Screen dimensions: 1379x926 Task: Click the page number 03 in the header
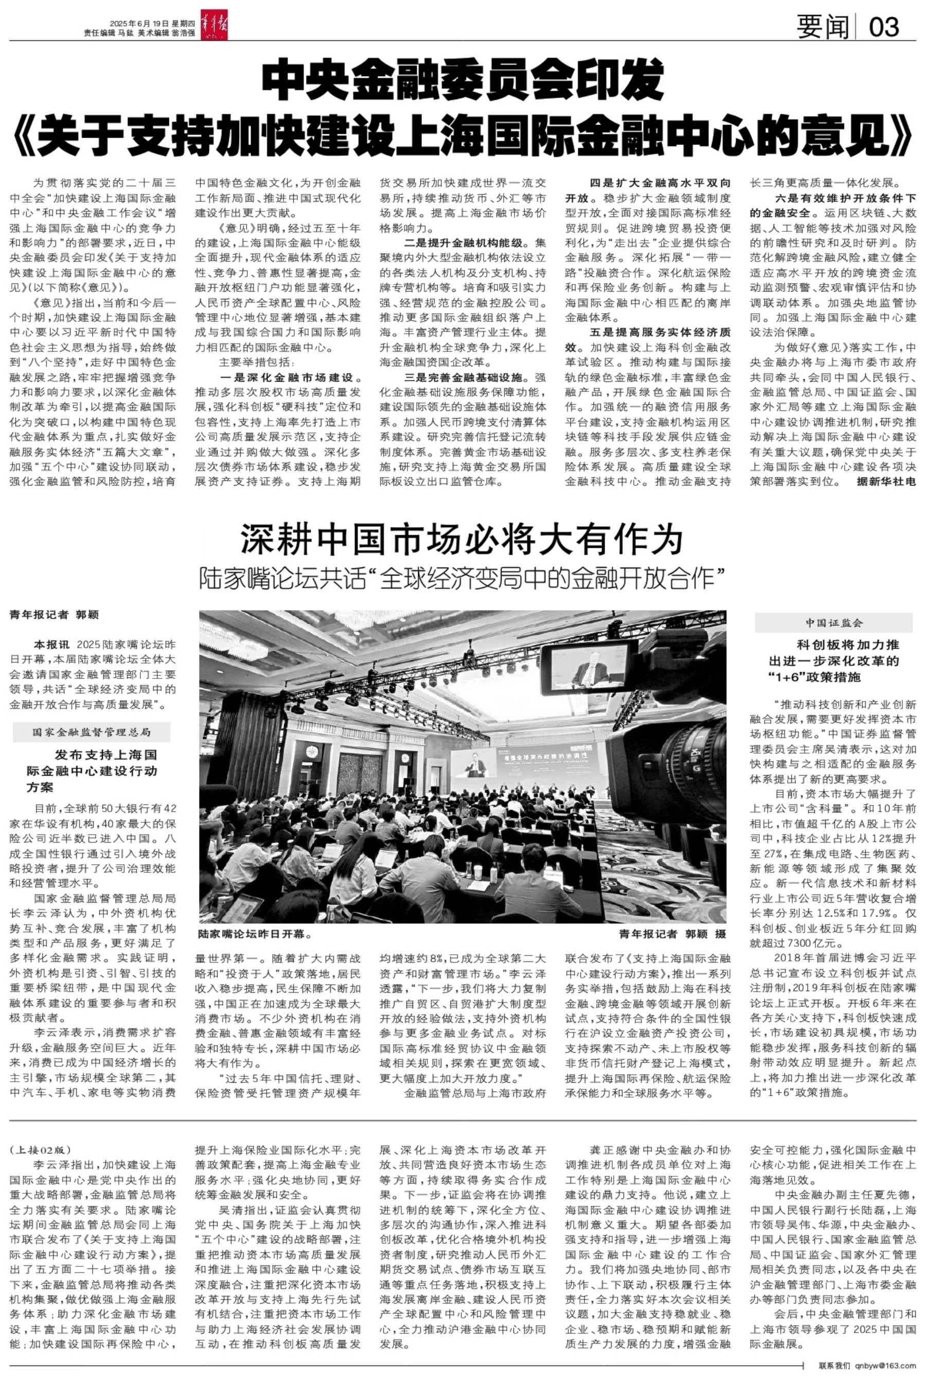click(x=884, y=27)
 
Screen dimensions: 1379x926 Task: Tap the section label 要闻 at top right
click(x=822, y=27)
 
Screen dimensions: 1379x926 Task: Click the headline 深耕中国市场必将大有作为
click(x=462, y=539)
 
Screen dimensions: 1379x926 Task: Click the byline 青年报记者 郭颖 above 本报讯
click(x=55, y=615)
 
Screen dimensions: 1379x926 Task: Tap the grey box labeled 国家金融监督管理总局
click(x=92, y=732)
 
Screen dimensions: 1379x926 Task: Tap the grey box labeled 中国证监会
click(x=834, y=623)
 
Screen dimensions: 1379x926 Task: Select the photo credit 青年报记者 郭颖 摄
click(x=672, y=934)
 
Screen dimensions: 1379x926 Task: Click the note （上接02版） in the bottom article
click(x=40, y=1150)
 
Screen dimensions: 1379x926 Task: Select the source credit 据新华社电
click(x=886, y=481)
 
